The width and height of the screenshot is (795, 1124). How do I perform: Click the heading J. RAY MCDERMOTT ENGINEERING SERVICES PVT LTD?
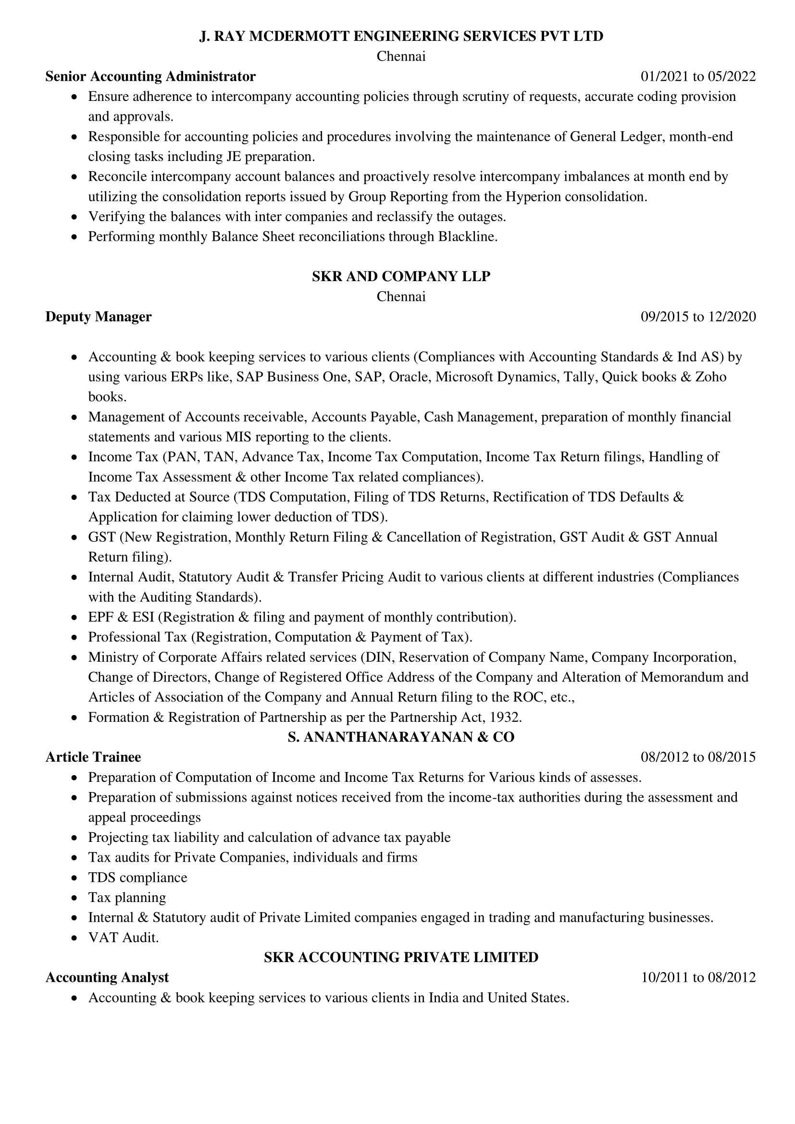click(401, 36)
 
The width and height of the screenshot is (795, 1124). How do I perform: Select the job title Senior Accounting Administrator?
click(150, 76)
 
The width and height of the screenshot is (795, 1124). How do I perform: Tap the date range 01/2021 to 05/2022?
click(698, 76)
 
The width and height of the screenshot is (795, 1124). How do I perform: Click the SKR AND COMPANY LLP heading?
click(401, 277)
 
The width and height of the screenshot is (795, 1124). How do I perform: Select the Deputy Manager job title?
click(99, 317)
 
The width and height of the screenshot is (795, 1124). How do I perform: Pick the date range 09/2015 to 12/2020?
click(698, 317)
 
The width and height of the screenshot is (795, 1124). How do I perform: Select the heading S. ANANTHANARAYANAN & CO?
click(401, 737)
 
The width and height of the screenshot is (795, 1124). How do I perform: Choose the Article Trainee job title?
click(93, 757)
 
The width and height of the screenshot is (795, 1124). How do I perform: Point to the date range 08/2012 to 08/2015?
click(698, 757)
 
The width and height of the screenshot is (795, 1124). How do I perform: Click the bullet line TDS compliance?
click(137, 878)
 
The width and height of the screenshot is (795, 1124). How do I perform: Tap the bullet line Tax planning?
click(127, 898)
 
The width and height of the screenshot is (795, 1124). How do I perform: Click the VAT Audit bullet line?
click(124, 938)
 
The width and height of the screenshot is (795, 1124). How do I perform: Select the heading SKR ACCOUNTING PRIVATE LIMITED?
click(401, 958)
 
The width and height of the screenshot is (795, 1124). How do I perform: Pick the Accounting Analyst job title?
click(107, 977)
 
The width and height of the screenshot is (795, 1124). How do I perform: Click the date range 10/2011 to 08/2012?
click(698, 978)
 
